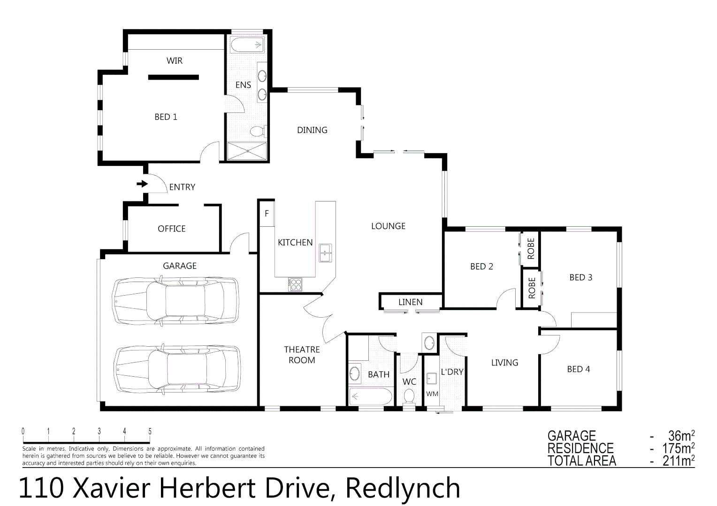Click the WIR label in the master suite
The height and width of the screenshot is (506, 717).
(x=174, y=61)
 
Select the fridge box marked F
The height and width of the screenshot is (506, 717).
(x=267, y=214)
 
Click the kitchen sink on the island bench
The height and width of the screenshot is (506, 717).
(x=325, y=253)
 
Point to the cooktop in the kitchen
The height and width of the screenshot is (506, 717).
(x=295, y=284)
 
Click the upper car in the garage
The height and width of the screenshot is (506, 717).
(x=175, y=300)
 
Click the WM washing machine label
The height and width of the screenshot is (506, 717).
(x=432, y=394)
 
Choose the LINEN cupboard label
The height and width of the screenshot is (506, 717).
(x=410, y=302)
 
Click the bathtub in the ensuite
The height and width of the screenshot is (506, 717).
(x=246, y=45)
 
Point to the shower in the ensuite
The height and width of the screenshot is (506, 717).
(x=247, y=151)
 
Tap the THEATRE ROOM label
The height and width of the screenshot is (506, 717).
(x=302, y=355)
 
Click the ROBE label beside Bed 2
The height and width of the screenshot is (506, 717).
(x=531, y=248)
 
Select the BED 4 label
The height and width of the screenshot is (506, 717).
(x=578, y=369)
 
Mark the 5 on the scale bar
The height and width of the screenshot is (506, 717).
(x=150, y=432)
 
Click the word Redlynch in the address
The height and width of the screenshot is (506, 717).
(x=403, y=488)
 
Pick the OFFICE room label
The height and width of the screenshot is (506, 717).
(x=171, y=229)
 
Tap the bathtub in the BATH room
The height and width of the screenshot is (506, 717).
(x=371, y=396)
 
